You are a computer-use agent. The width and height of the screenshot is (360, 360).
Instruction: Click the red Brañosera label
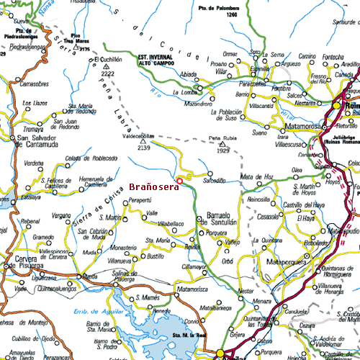[x=154, y=187]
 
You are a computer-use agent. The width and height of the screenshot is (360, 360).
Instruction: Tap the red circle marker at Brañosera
[x=179, y=179]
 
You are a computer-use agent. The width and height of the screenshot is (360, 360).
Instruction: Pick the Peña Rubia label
[x=222, y=137]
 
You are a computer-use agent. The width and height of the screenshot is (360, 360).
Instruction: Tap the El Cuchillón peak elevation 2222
[x=108, y=73]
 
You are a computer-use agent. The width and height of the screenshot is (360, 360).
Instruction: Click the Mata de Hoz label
[x=256, y=176]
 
